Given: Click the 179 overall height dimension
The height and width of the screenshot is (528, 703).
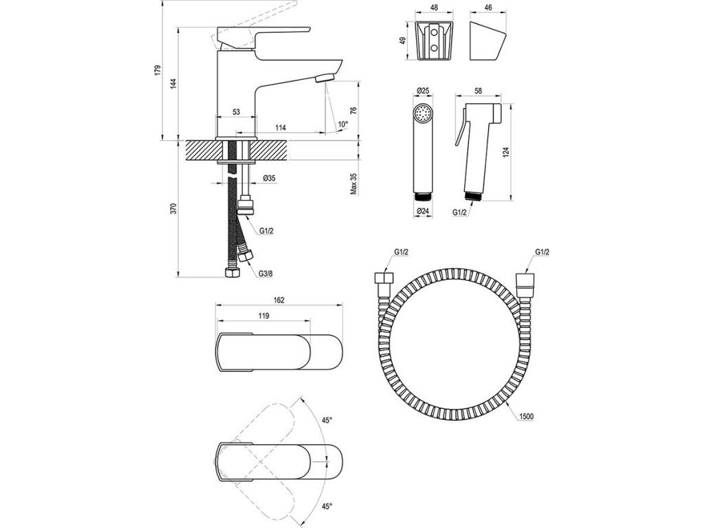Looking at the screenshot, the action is [x=157, y=70].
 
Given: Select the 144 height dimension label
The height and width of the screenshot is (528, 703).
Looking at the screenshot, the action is [x=174, y=83].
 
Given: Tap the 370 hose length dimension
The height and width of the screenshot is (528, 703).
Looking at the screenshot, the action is [x=174, y=209].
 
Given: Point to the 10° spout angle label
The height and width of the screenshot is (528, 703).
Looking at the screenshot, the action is [x=343, y=124].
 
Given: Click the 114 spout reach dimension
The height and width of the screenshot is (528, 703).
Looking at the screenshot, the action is [x=281, y=127].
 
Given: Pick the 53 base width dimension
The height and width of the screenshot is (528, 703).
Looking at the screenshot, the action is [x=236, y=112].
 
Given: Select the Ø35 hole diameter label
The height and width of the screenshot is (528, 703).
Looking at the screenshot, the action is [x=269, y=178].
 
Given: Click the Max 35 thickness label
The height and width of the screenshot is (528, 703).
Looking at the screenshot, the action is [x=354, y=184].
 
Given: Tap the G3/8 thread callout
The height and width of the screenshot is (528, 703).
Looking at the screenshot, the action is [x=266, y=273].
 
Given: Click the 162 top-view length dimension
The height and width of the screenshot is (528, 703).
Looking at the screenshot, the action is [x=279, y=300].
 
